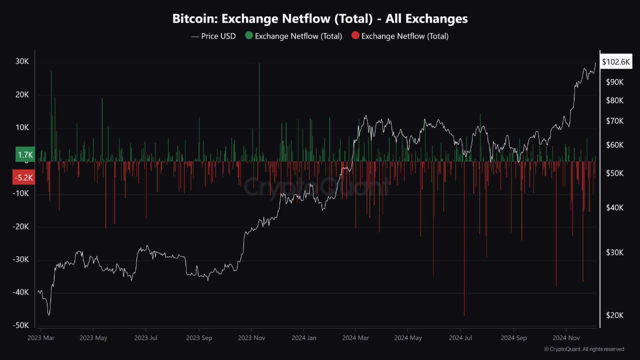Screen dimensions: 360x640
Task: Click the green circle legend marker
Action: (248, 36)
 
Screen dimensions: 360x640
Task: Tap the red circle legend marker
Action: (355, 36)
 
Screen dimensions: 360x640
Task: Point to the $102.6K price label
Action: (616, 62)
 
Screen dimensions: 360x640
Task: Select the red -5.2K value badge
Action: (23, 177)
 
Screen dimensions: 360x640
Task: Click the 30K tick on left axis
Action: (22, 62)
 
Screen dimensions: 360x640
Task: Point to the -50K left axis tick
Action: (21, 325)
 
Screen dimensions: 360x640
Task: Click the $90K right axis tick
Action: (614, 82)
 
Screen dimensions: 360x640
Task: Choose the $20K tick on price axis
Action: (614, 315)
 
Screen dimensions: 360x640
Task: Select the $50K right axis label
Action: (614, 173)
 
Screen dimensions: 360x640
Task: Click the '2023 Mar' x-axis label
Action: (41, 337)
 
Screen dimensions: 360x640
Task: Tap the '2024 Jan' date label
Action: (304, 337)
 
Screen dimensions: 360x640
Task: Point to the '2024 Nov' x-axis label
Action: (566, 337)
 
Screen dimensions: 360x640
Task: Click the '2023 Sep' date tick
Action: (199, 337)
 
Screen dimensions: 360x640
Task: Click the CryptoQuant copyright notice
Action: (583, 349)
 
